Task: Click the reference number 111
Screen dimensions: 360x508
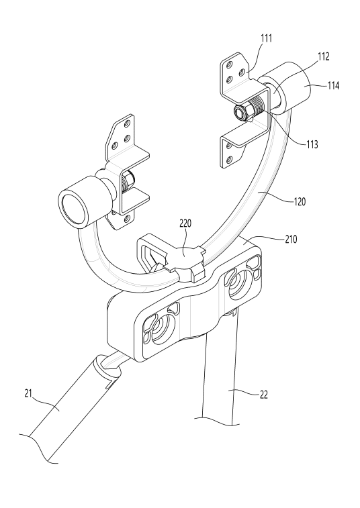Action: [x=266, y=38]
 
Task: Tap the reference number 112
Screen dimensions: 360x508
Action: [x=324, y=56]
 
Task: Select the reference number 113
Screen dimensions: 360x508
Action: [x=312, y=144]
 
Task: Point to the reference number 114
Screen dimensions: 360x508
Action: [x=333, y=85]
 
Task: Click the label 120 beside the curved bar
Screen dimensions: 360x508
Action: [x=300, y=201]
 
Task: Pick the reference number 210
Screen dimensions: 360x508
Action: [x=291, y=239]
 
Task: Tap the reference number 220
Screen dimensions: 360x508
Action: [x=185, y=223]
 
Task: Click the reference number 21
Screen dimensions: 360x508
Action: [x=28, y=393]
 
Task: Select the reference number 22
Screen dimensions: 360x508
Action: [x=264, y=395]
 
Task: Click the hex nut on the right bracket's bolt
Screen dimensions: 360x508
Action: [x=241, y=113]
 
